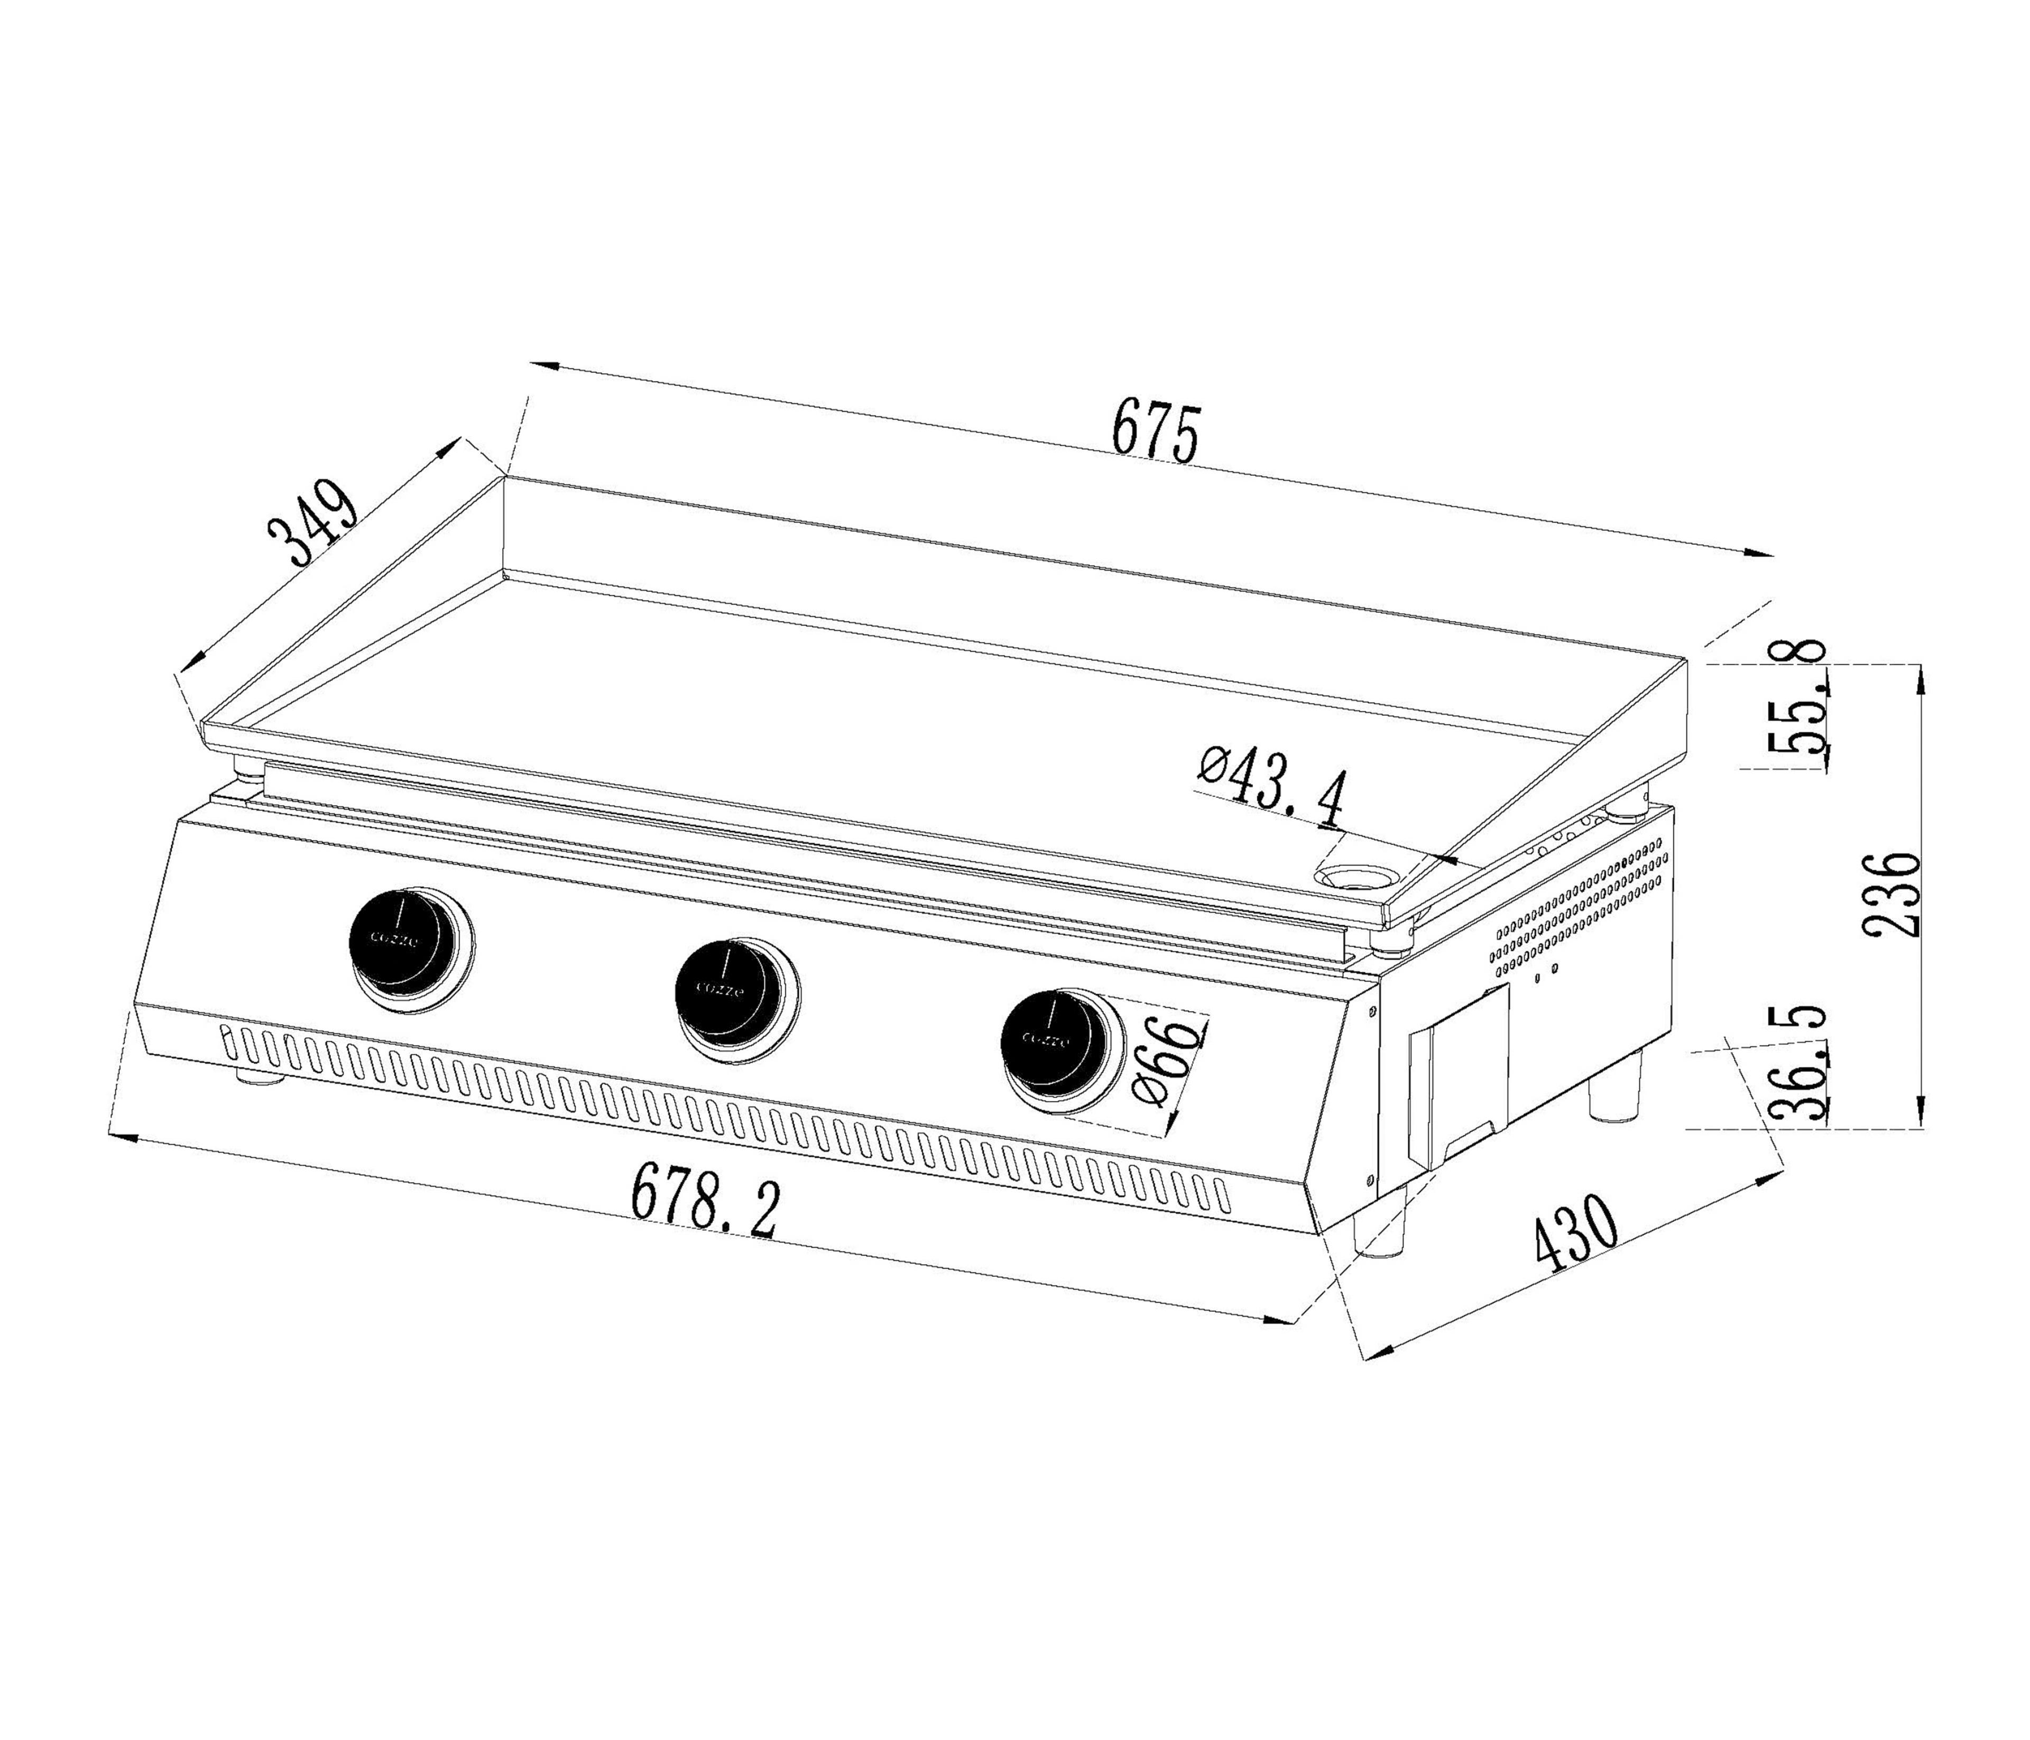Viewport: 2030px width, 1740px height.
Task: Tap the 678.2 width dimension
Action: (x=705, y=1200)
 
